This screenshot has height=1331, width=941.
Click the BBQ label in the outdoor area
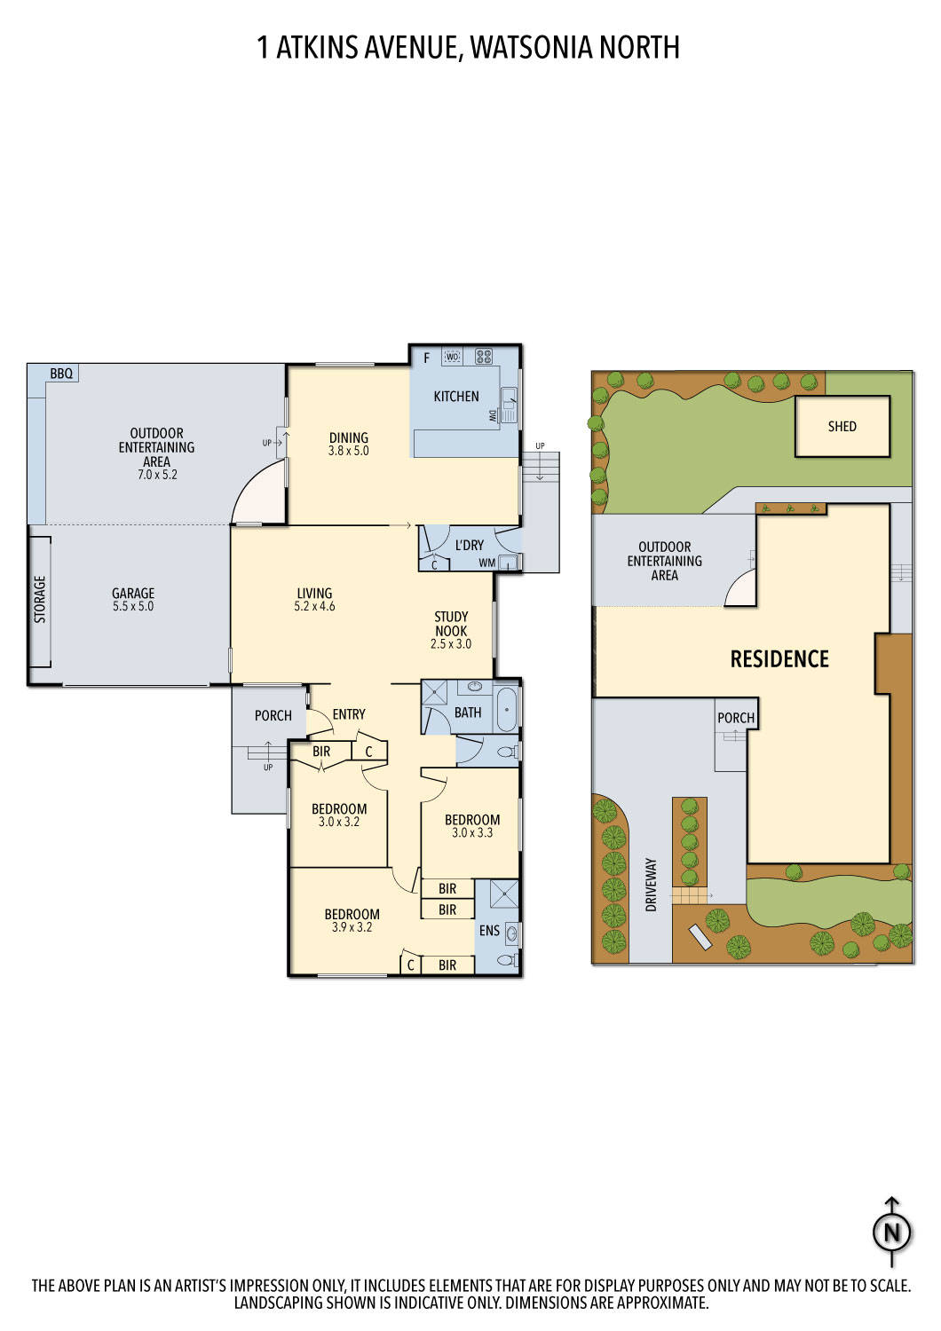click(x=61, y=374)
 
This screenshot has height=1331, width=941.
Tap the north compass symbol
click(x=892, y=1232)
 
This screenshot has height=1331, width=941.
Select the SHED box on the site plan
click(x=842, y=427)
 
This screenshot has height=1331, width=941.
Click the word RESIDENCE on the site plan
click(x=779, y=659)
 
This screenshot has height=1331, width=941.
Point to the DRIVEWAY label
click(x=651, y=885)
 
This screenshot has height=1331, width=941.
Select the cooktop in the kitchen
click(x=484, y=357)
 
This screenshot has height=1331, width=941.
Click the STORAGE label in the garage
click(x=40, y=600)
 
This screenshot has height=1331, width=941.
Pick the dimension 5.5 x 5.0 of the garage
click(x=133, y=607)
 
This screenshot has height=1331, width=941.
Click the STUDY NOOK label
click(x=451, y=624)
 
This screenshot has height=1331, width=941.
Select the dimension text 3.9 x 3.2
click(x=352, y=927)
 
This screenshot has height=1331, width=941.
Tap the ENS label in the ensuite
click(x=489, y=931)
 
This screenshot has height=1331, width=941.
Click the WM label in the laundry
click(x=486, y=563)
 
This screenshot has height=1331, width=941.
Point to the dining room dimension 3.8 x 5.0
click(x=348, y=451)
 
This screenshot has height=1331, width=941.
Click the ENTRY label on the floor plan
click(x=349, y=714)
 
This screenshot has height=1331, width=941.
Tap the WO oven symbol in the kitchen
click(x=452, y=357)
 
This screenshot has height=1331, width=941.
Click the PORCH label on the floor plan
click(x=273, y=716)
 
